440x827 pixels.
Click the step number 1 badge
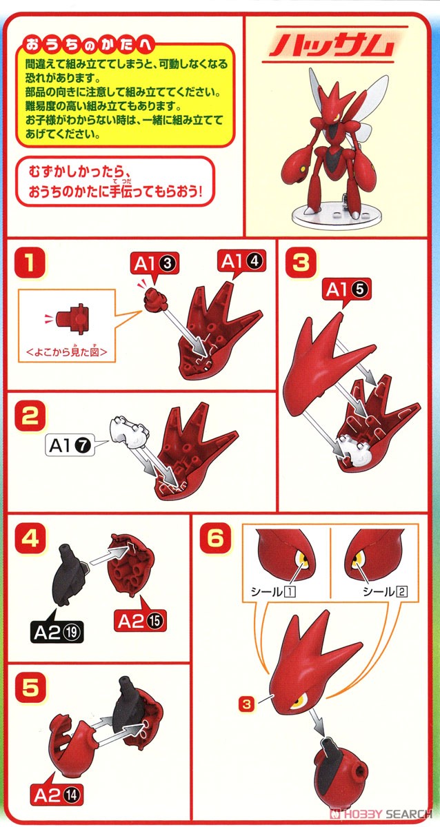point(31,263)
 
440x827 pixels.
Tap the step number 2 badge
point(31,416)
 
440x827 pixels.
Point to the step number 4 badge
point(31,536)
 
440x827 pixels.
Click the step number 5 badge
point(31,686)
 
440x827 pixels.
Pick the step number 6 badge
point(214,536)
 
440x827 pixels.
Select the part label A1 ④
point(241,261)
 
